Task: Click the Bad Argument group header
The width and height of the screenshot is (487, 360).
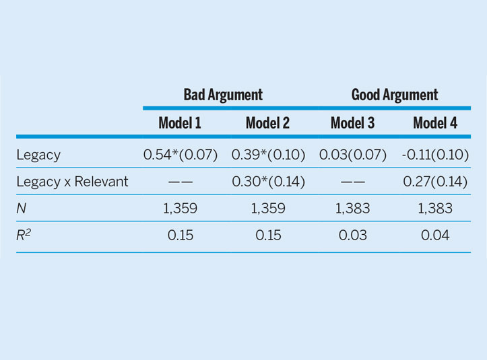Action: [x=223, y=95]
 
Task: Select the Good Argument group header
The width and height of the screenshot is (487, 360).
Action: [x=395, y=95]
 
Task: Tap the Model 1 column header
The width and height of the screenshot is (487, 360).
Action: [x=180, y=123]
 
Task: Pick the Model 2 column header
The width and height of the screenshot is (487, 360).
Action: [x=267, y=123]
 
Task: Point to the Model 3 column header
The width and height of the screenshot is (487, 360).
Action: [x=352, y=123]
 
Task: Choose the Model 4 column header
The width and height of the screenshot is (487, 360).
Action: [x=435, y=123]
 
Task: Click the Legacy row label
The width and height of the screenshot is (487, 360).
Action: [x=38, y=155]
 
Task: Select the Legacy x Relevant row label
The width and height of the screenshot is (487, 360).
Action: [x=72, y=182]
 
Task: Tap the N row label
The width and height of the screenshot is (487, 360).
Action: [x=21, y=209]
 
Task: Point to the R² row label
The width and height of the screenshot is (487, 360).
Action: [x=24, y=235]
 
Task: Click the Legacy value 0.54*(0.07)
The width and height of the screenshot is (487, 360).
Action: [x=181, y=155]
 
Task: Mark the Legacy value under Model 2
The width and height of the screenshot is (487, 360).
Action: [x=268, y=155]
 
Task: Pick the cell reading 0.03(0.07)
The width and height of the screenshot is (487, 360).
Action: [x=353, y=155]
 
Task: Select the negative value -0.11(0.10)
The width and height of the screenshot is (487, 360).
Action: [x=435, y=155]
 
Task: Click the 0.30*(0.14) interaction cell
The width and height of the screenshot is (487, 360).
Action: [x=268, y=182]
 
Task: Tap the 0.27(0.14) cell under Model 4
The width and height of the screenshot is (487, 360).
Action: [x=435, y=182]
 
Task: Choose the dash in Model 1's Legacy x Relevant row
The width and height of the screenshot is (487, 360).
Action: [x=181, y=182]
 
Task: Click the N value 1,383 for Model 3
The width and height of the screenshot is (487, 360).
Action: [x=353, y=209]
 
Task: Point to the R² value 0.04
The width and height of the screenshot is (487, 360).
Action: [x=435, y=236]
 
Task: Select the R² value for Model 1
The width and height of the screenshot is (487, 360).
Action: [x=181, y=236]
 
